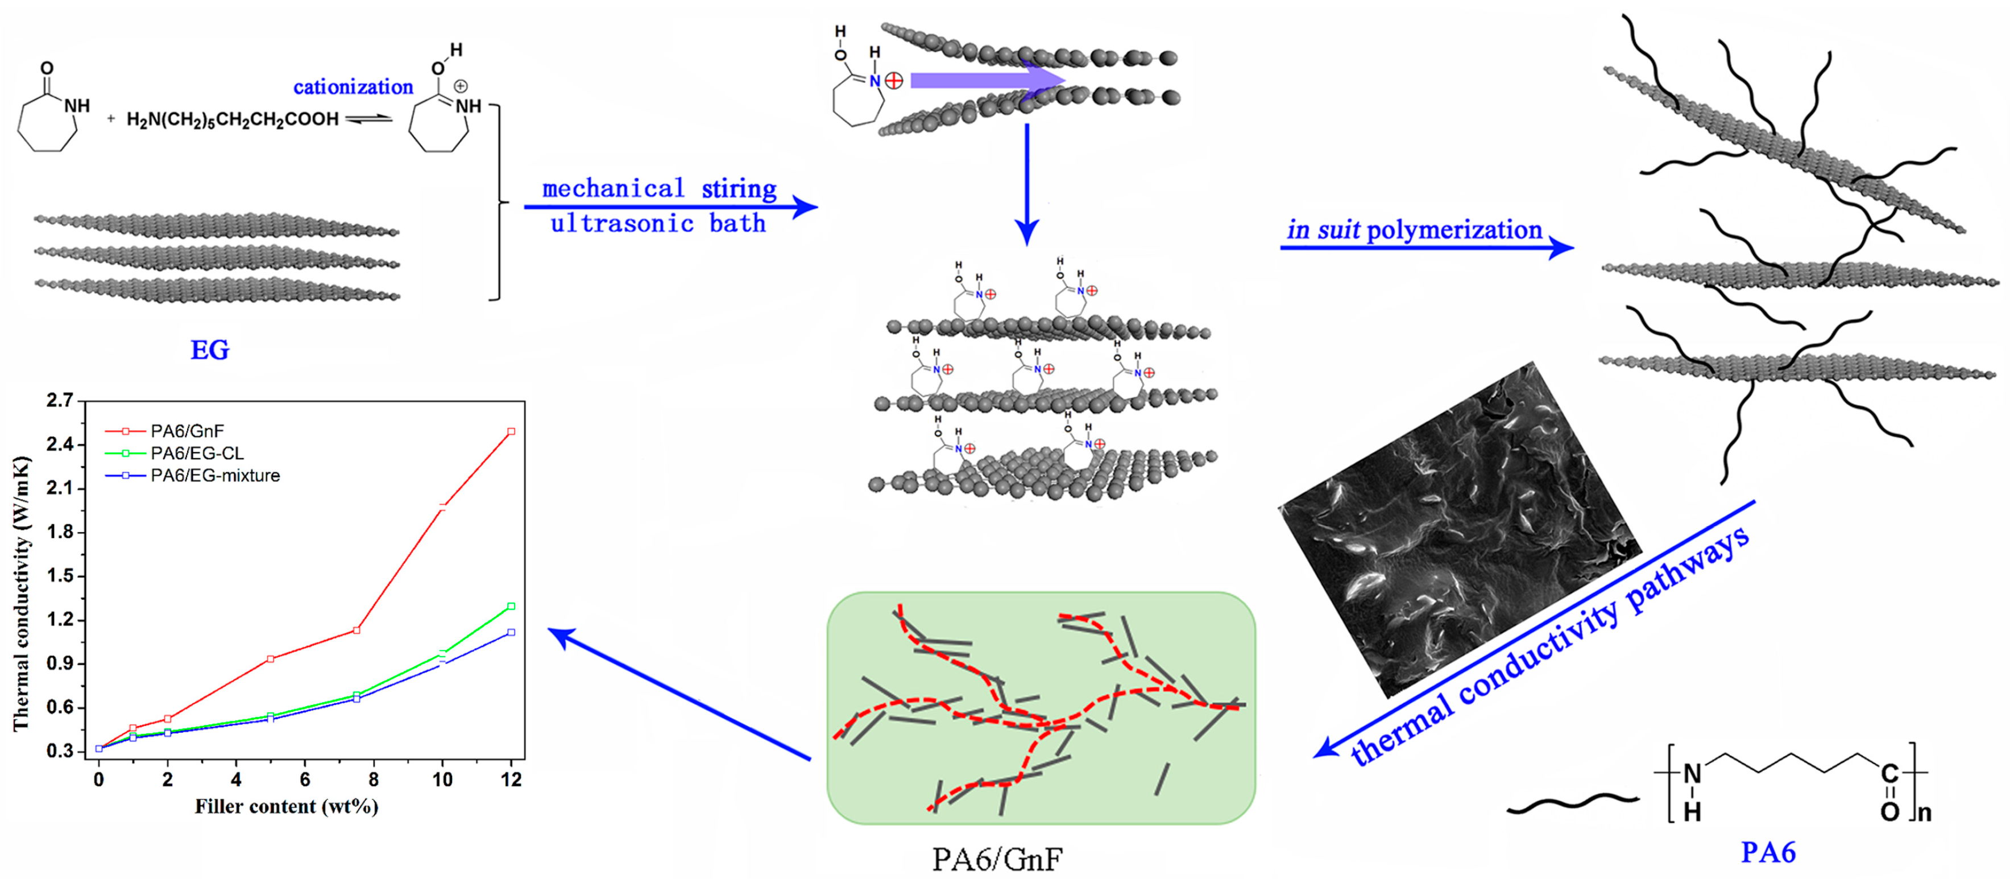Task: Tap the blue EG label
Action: (x=210, y=350)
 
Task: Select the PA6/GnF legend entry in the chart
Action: (x=187, y=431)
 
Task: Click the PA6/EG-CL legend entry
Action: (x=197, y=454)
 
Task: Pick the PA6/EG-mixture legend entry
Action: (x=214, y=475)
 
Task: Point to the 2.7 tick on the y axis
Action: (x=60, y=401)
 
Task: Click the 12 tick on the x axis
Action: (x=511, y=780)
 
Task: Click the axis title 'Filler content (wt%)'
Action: (x=287, y=806)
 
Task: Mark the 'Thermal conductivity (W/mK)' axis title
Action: (x=21, y=593)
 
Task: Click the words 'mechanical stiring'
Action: (x=660, y=189)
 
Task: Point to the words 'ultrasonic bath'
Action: (x=658, y=224)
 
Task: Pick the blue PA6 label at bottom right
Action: (x=1768, y=852)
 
